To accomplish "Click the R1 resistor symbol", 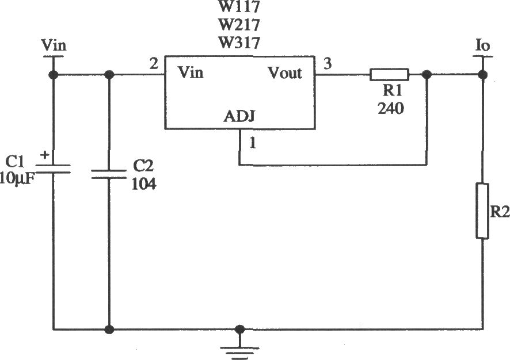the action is [389, 74].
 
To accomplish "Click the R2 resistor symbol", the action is [482, 211].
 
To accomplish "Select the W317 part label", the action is [239, 43].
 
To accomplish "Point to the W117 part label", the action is [239, 6].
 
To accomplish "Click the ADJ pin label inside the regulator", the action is [239, 116].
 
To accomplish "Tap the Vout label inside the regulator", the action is [284, 73].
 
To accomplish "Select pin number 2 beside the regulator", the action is [154, 64].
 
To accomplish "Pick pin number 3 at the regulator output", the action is [328, 63].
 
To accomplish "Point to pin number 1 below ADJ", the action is [252, 143].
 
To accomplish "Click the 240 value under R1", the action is [391, 108].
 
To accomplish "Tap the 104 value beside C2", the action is [144, 184].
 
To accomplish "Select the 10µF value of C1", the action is [17, 179].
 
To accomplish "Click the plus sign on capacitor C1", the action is [44, 155].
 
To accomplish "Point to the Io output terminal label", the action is [482, 45].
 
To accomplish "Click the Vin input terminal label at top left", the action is [54, 45].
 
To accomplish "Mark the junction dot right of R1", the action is [427, 75].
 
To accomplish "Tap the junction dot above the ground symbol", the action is [239, 329].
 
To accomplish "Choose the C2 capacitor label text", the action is [143, 166].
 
